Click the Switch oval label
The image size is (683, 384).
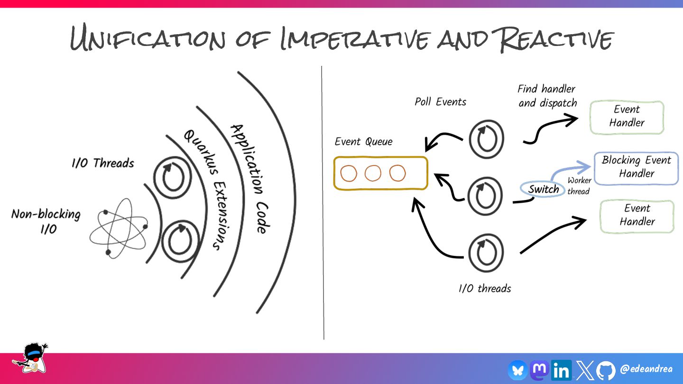point(544,190)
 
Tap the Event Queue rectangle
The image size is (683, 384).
point(381,174)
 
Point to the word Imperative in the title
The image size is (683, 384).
point(355,39)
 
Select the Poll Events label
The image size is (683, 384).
point(440,102)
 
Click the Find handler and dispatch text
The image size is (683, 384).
point(547,96)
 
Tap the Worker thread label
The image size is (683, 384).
point(579,186)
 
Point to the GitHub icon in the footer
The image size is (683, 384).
point(606,370)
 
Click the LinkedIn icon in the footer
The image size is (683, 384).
point(561,370)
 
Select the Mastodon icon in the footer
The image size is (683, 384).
point(539,369)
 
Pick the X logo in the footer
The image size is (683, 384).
point(584,370)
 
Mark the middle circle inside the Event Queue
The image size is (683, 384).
point(373,174)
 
